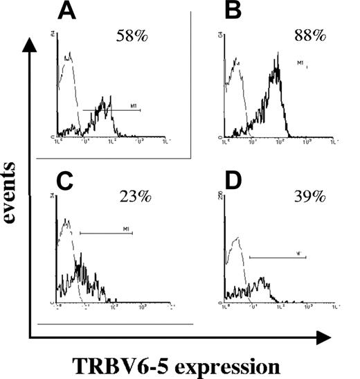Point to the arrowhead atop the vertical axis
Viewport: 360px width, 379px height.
pos(28,43)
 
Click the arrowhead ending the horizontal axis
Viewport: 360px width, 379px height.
pos(323,338)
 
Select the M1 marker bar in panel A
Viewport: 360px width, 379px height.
pos(111,109)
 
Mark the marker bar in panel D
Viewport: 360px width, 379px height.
pos(277,258)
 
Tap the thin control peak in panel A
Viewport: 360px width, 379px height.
pos(67,57)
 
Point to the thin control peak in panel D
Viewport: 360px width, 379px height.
pos(237,239)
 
